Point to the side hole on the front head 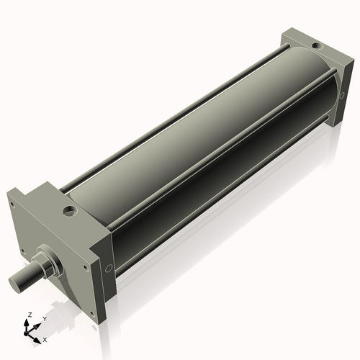tap(108, 269)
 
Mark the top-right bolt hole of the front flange tap(86, 267)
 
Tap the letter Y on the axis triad tap(44, 318)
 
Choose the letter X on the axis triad tap(45, 338)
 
